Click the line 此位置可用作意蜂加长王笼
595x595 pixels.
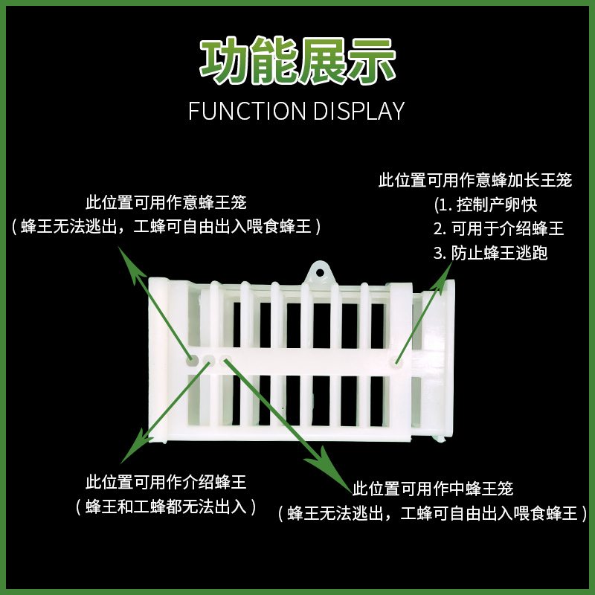pos(476,180)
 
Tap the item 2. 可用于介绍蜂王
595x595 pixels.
pos(499,228)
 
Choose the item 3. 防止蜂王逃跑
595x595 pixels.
pos(491,253)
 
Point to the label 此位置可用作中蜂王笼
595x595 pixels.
pos(433,489)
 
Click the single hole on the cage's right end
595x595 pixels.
pos(395,364)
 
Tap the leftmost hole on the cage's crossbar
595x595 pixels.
pos(192,361)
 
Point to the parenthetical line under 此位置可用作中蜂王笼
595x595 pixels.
pos(433,512)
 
